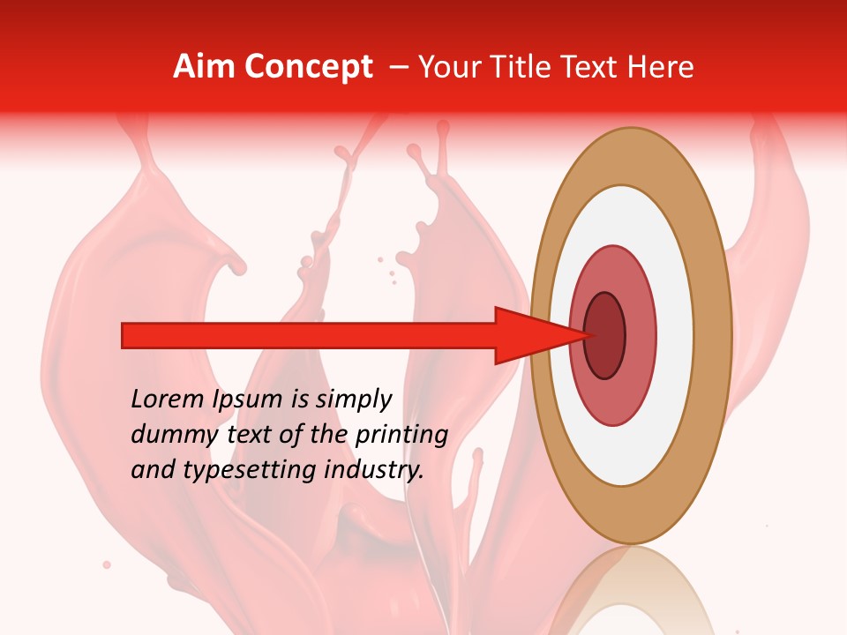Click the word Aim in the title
tap(201, 67)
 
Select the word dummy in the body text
tap(167, 435)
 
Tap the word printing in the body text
tap(401, 436)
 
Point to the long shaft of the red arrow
tap(309, 335)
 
